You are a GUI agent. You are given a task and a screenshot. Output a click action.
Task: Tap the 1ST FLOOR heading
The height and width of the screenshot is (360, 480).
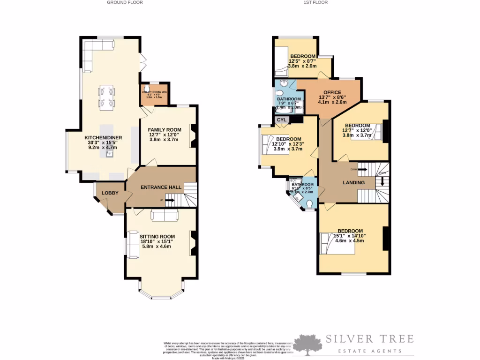[x=315, y=2]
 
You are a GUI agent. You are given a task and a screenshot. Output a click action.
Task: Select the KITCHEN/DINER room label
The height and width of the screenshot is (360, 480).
[x=103, y=138]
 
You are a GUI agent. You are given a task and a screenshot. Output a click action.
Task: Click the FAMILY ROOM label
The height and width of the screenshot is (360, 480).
[x=164, y=130]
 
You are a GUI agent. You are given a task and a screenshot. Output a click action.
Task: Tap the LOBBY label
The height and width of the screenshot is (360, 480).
[x=110, y=193]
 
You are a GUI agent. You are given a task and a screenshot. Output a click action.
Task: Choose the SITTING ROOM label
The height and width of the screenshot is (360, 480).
[x=157, y=237]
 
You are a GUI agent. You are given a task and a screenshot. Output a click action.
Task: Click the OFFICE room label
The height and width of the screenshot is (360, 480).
[x=330, y=92]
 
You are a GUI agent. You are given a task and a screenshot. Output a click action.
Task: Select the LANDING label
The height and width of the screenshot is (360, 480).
[x=353, y=183]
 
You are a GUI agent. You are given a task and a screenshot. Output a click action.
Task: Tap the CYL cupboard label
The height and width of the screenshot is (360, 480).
[x=281, y=120]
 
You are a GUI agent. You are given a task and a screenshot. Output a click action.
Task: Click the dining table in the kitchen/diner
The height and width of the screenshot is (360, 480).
[x=106, y=97]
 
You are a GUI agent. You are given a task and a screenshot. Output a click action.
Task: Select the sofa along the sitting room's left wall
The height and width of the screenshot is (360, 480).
[x=132, y=245]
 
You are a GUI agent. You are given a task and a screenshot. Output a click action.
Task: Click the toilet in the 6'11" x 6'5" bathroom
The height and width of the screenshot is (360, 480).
[x=310, y=203]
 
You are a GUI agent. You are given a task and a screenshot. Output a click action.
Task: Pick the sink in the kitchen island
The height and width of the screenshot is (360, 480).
[x=108, y=154]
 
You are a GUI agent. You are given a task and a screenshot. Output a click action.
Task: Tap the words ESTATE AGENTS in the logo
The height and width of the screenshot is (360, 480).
[x=370, y=351]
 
